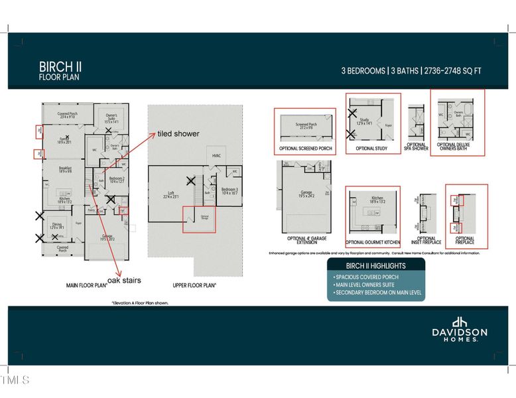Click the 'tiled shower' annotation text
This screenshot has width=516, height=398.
178,133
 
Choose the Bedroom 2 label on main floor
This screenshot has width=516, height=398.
117,179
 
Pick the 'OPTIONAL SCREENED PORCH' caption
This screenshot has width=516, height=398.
304,149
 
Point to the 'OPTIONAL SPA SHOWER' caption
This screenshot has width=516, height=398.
417,147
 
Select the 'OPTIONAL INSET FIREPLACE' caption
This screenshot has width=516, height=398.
426,241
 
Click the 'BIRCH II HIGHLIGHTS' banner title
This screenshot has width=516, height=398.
376,265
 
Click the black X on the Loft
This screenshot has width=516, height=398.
191,180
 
